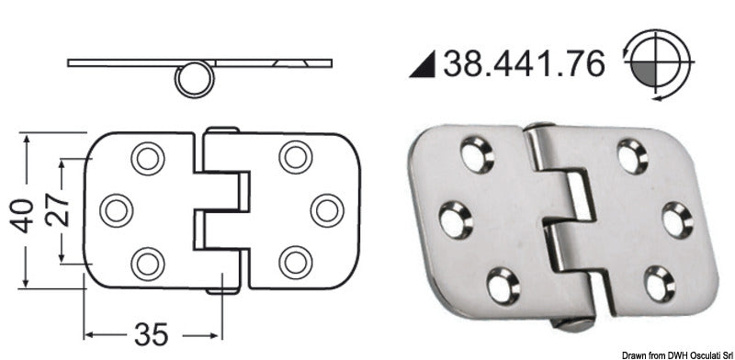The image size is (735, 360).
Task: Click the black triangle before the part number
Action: [423, 64]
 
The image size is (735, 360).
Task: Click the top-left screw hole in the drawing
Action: [147, 158]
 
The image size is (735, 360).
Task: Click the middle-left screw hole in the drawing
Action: [117, 210]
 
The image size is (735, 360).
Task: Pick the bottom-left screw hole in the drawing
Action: [147, 264]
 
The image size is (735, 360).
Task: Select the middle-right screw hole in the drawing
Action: [326, 210]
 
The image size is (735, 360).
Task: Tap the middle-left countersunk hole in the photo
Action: [455, 220]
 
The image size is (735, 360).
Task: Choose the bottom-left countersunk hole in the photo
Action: [502, 284]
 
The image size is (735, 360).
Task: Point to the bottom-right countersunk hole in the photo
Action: [658, 283]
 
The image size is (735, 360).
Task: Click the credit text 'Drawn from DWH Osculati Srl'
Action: [676, 354]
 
